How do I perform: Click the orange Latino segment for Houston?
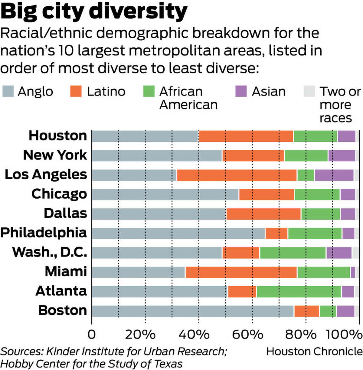(246, 136)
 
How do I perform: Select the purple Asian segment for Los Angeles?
(334, 175)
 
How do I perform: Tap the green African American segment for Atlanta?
(299, 292)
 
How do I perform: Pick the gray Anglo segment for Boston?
(193, 311)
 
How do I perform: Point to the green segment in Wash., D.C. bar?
(293, 253)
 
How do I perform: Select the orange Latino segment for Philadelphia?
(276, 234)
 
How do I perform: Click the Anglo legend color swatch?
(8, 91)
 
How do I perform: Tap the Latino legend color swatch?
(76, 91)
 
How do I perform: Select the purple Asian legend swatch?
(241, 91)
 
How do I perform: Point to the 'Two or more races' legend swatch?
(309, 91)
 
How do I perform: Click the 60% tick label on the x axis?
(247, 335)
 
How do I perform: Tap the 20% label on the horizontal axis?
(140, 335)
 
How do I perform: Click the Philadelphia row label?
(44, 233)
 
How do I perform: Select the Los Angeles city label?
(46, 175)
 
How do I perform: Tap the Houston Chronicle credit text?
(314, 351)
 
